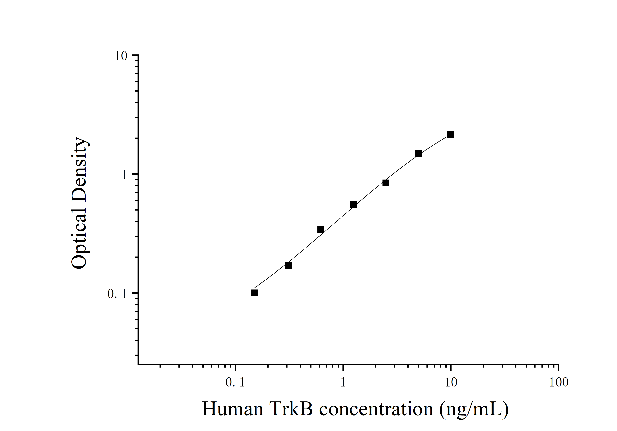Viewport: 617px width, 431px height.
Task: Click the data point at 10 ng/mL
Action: coord(451,135)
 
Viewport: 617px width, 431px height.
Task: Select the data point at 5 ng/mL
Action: coord(418,154)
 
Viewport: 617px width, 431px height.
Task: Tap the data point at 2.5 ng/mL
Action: coord(386,183)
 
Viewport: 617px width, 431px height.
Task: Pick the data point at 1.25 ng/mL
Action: coord(353,205)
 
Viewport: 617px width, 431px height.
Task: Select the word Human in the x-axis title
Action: coord(233,409)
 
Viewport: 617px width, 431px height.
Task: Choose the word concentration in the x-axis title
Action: coord(376,409)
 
